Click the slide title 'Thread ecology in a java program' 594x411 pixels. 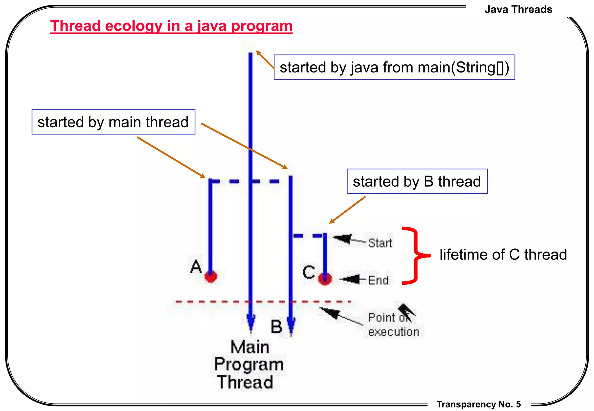tap(171, 26)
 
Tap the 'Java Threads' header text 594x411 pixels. tap(518, 10)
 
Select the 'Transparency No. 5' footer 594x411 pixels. tap(479, 404)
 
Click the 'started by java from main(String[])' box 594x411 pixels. tap(394, 67)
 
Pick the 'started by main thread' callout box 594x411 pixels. tap(113, 122)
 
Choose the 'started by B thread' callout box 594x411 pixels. tap(417, 181)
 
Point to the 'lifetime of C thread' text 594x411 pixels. tap(503, 254)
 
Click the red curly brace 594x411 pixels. tap(415, 255)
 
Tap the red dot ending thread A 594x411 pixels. tap(211, 276)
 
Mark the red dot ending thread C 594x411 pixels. tap(325, 279)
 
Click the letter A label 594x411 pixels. tap(196, 266)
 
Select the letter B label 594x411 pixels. tap(276, 326)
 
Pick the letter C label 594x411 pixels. tap(309, 272)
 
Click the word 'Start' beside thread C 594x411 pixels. tap(380, 243)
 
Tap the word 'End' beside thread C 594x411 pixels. tap(378, 280)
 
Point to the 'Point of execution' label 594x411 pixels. tap(393, 325)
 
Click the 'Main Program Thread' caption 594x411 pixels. tap(249, 365)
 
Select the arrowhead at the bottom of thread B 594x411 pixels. tap(291, 326)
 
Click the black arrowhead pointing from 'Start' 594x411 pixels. tap(342, 239)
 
